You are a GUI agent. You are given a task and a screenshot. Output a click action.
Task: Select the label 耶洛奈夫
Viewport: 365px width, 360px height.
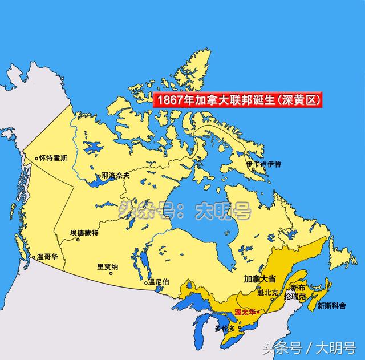[116, 176]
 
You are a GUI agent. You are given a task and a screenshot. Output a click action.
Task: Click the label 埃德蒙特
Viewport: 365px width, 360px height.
[84, 233]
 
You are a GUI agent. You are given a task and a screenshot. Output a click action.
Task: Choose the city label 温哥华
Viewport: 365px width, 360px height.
[48, 257]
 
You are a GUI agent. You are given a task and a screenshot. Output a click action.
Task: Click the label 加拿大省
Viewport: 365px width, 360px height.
[259, 279]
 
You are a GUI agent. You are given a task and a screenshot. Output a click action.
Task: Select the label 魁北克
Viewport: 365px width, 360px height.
[267, 292]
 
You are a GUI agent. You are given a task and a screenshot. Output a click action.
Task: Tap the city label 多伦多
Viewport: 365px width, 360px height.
[226, 329]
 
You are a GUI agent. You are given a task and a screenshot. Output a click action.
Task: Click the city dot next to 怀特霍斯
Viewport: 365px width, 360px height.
[36, 158]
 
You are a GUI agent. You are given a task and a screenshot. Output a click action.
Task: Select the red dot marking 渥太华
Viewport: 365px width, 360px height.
[259, 312]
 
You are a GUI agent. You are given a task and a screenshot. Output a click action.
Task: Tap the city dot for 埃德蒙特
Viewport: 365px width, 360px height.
[78, 240]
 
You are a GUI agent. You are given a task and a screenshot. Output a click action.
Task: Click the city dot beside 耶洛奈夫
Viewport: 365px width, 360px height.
[99, 176]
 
